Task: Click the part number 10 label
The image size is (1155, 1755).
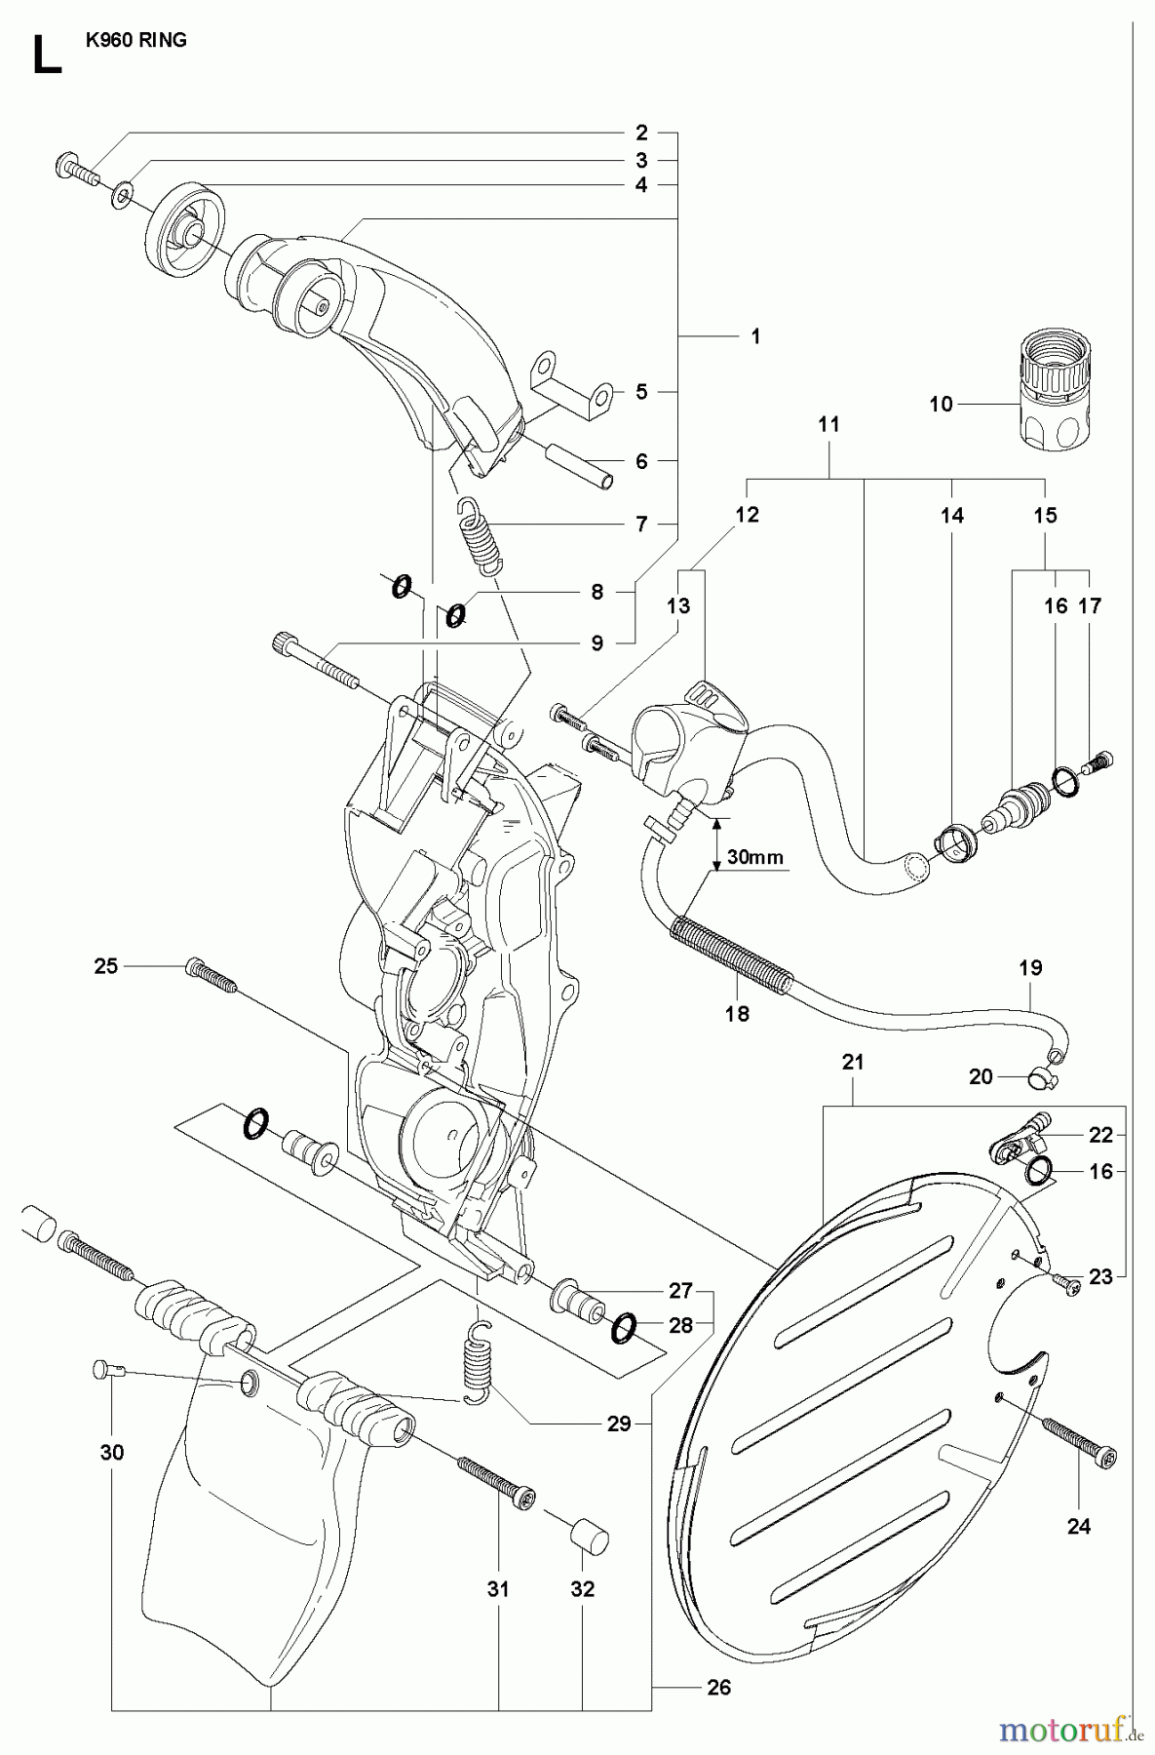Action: (941, 403)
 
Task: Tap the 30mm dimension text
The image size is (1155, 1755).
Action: (756, 857)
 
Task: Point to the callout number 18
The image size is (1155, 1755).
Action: (737, 1013)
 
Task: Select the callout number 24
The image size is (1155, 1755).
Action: (1078, 1526)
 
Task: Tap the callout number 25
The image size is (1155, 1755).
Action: (105, 965)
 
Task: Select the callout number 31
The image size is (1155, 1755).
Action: (498, 1588)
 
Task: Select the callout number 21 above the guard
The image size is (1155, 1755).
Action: (853, 1062)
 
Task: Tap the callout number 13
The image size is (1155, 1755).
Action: (678, 605)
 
